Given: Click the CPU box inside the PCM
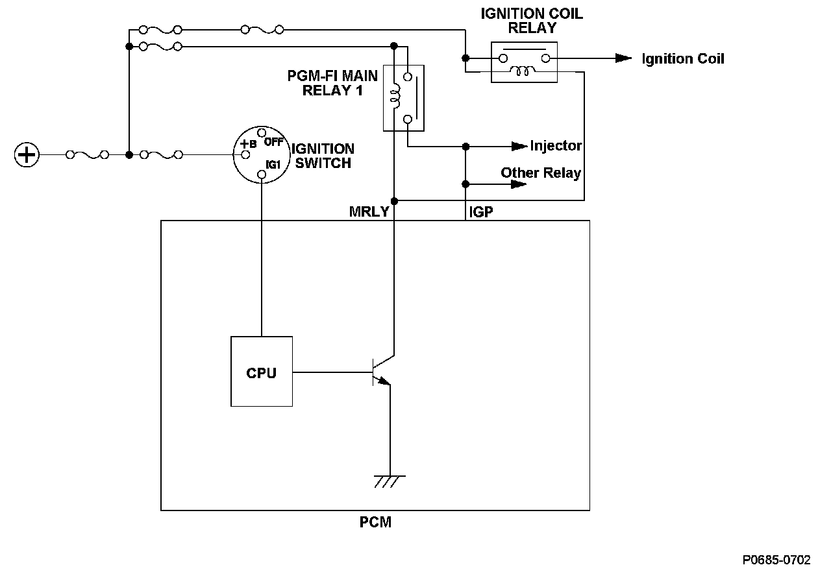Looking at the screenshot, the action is tap(262, 372).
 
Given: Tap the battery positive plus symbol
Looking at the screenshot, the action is tap(27, 154).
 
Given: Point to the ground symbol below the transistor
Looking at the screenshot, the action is tap(389, 481).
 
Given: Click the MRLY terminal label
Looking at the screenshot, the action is tap(369, 211).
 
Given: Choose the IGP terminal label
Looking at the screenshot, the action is tap(481, 212).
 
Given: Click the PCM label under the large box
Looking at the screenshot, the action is tap(375, 522).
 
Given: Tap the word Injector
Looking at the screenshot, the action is tap(556, 146).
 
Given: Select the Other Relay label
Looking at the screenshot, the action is tap(541, 173).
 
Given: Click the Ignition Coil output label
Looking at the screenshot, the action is tap(683, 58).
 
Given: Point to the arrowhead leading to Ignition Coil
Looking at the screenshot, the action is tap(624, 58).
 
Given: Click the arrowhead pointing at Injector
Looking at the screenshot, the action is tap(519, 147).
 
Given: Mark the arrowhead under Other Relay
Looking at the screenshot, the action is tap(519, 184).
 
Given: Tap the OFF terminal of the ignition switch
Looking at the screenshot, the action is tap(262, 132).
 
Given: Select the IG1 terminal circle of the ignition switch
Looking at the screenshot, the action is tap(262, 174).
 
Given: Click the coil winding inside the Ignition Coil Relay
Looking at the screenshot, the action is tap(523, 71).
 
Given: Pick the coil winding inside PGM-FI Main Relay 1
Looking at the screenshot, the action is tap(396, 96).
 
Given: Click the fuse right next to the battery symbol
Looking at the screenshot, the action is tap(87, 155).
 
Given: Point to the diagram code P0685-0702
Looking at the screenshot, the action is tap(776, 560).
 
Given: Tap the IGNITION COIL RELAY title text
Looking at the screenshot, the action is tap(532, 21).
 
